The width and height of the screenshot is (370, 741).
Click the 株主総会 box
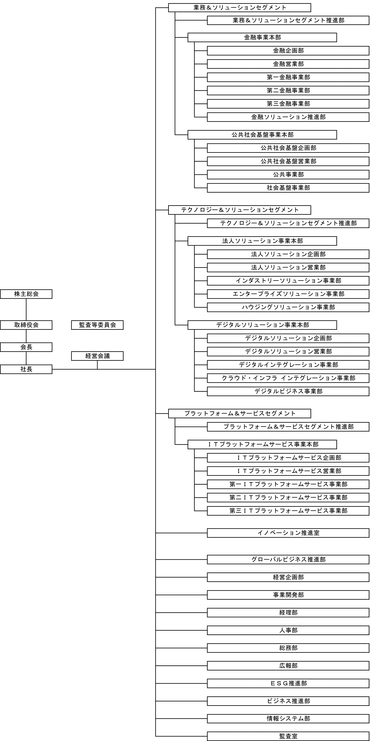tap(26, 294)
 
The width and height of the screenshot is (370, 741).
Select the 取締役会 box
tap(26, 325)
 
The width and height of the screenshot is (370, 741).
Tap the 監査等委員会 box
tap(97, 325)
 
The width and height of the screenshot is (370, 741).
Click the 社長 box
tap(26, 369)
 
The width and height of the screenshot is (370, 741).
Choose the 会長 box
tap(26, 347)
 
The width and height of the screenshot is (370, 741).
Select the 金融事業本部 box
tap(262, 37)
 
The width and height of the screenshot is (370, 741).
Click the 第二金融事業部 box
tap(288, 91)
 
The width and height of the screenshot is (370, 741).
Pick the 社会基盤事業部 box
tap(288, 188)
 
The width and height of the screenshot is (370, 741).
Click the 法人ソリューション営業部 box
tap(288, 267)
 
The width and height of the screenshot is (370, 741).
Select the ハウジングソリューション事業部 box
tap(288, 307)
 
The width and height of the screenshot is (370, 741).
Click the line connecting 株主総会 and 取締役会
tap(26, 309)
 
